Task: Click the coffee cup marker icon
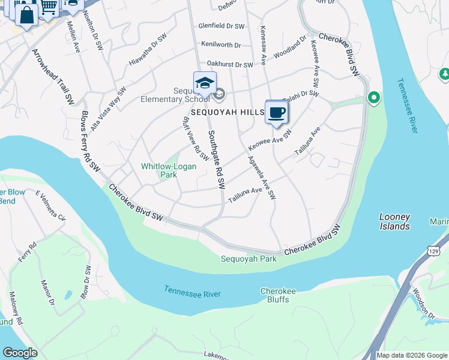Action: [276, 112]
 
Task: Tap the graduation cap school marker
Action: [205, 84]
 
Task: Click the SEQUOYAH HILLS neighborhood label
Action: [228, 112]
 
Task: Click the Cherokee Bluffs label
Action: [278, 296]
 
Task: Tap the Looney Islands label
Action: [394, 221]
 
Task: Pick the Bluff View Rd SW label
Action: [195, 139]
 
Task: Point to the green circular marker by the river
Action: [373, 97]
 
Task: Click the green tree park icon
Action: [445, 74]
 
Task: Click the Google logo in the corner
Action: [20, 353]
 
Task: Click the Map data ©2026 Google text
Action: [411, 355]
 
